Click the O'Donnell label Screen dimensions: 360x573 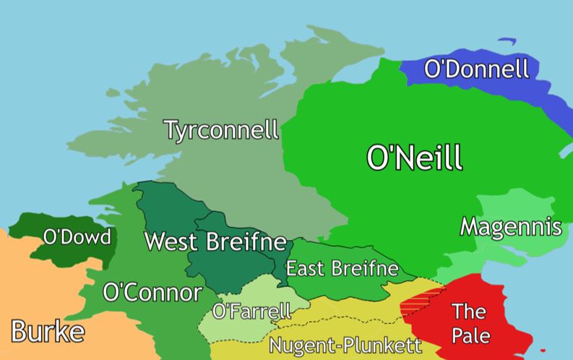(476, 69)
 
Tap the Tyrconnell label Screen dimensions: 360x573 (220, 131)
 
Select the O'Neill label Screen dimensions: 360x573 (414, 158)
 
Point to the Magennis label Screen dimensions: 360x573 (511, 227)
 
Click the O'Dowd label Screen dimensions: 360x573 (77, 237)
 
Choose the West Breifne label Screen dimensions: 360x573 (215, 241)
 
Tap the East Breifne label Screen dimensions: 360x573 (342, 269)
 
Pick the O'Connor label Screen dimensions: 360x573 (152, 293)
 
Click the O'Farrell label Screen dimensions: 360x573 (252, 312)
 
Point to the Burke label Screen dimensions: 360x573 (48, 331)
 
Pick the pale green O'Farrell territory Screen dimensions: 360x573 (238, 329)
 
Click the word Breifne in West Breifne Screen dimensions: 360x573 (246, 241)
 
